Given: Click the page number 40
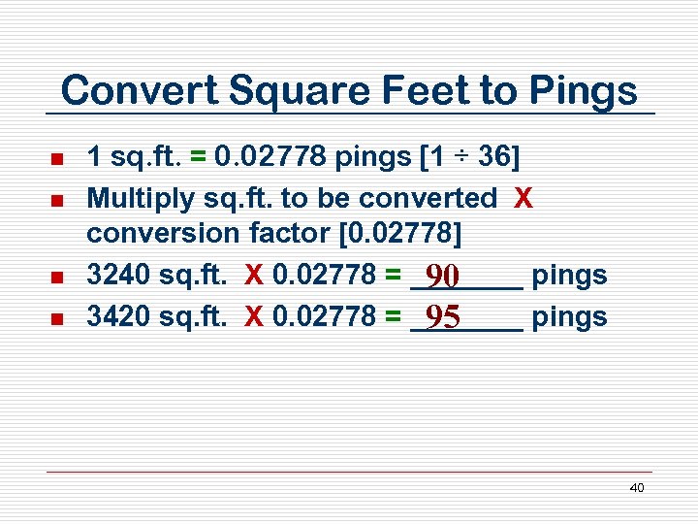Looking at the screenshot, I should [x=636, y=488].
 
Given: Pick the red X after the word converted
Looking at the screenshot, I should [x=523, y=198].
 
